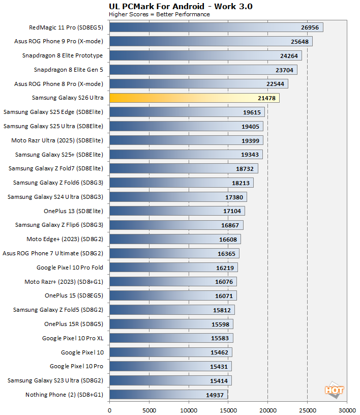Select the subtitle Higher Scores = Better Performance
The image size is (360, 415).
[159, 14]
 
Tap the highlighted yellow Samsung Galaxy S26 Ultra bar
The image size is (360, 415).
[194, 98]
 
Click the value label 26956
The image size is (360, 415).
[311, 27]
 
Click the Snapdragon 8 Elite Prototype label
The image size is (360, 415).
[63, 55]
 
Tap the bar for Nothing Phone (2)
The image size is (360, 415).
[168, 395]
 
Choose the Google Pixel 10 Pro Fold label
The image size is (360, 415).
[70, 268]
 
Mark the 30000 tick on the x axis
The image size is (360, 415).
[347, 408]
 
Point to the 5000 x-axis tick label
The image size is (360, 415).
[149, 408]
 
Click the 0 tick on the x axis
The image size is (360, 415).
[109, 408]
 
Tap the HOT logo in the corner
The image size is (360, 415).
[334, 390]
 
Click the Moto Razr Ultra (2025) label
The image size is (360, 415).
[57, 140]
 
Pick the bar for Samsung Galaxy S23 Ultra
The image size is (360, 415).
[170, 380]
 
